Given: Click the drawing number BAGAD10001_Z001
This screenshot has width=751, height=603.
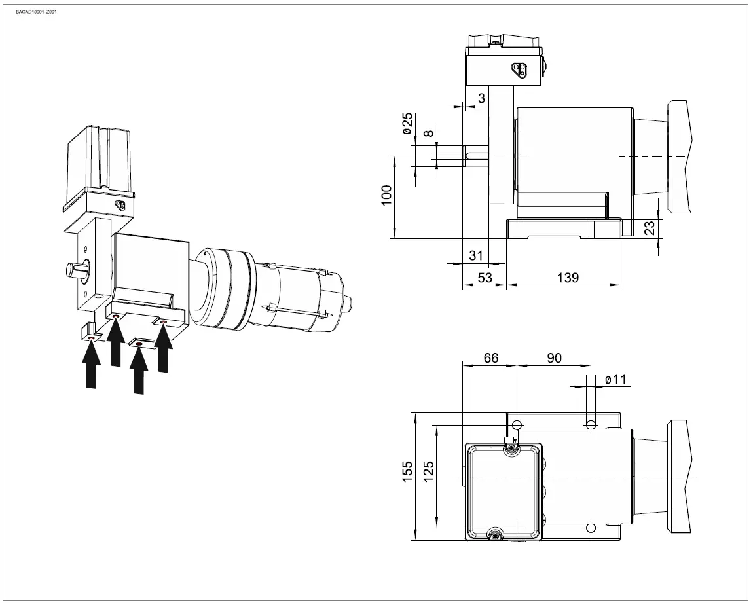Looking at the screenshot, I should tap(36, 12).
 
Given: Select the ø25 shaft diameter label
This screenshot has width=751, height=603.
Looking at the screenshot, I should tap(407, 123).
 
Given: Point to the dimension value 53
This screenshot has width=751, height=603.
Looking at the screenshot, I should tap(485, 278).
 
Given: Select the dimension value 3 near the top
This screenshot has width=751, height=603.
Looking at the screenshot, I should tap(481, 98).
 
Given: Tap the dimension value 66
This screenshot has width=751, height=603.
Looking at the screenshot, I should tap(490, 358).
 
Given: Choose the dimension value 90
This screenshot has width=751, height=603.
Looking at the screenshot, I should tap(553, 358).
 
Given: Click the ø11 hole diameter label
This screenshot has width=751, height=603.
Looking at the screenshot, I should tap(616, 379).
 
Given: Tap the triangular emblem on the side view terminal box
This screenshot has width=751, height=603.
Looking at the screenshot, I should tap(518, 69).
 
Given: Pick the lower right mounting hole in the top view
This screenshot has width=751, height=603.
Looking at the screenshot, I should tap(591, 527).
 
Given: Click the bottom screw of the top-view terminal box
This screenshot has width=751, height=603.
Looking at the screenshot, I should tap(496, 535).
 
